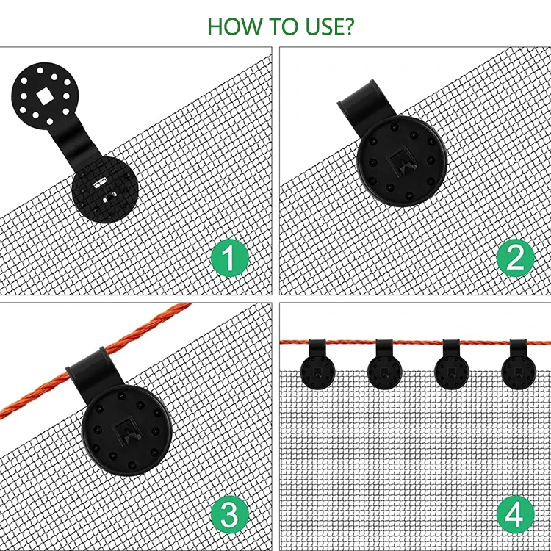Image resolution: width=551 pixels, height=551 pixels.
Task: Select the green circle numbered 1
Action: pyautogui.click(x=230, y=258)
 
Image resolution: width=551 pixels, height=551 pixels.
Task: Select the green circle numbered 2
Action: pyautogui.click(x=515, y=258)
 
